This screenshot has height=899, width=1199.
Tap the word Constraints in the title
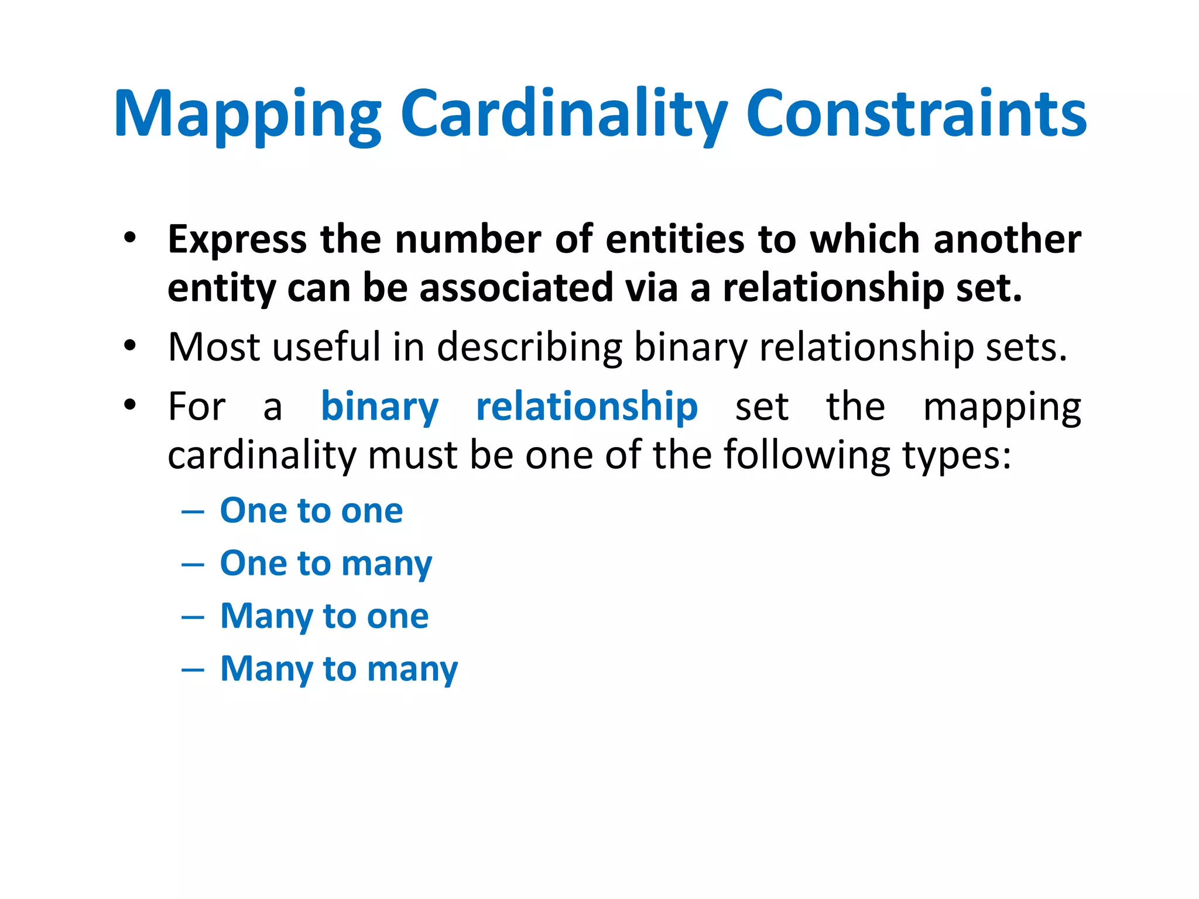click(x=916, y=114)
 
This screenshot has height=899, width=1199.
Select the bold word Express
click(x=237, y=240)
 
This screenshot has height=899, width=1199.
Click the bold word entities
click(x=674, y=240)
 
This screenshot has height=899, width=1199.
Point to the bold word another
click(x=1007, y=240)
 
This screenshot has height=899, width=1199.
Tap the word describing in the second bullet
click(x=529, y=347)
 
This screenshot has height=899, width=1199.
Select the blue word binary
click(x=379, y=407)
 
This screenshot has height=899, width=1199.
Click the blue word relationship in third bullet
click(x=587, y=407)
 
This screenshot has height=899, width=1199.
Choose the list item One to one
click(x=311, y=510)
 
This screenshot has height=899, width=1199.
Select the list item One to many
click(x=326, y=564)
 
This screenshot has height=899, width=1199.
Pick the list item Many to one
click(x=324, y=616)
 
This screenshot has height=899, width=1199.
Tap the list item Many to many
click(x=338, y=669)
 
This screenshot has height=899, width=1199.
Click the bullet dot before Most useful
click(x=129, y=345)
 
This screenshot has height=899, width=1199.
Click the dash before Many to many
click(x=193, y=670)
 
